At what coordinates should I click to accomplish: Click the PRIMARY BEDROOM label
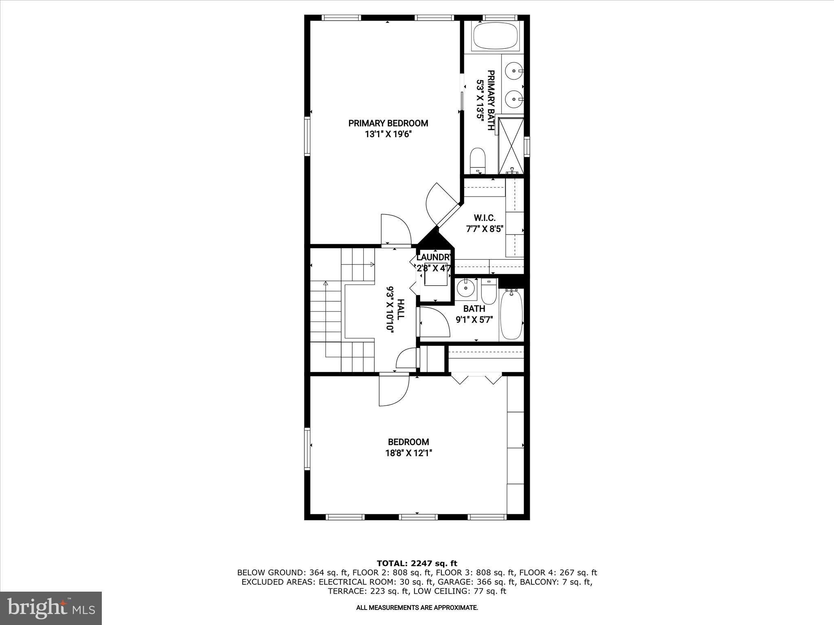tap(388, 123)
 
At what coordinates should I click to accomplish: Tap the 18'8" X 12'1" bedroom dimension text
tap(408, 453)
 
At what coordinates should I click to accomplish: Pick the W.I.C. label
tap(485, 218)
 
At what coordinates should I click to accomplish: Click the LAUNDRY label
tap(433, 257)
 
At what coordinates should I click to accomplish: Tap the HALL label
tap(401, 309)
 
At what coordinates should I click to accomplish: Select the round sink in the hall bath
tap(465, 289)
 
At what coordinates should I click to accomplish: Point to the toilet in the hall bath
tap(489, 292)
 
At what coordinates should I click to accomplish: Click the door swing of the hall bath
tap(434, 321)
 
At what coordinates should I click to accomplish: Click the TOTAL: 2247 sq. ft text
tap(417, 564)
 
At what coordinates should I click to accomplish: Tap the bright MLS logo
tap(51, 608)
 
